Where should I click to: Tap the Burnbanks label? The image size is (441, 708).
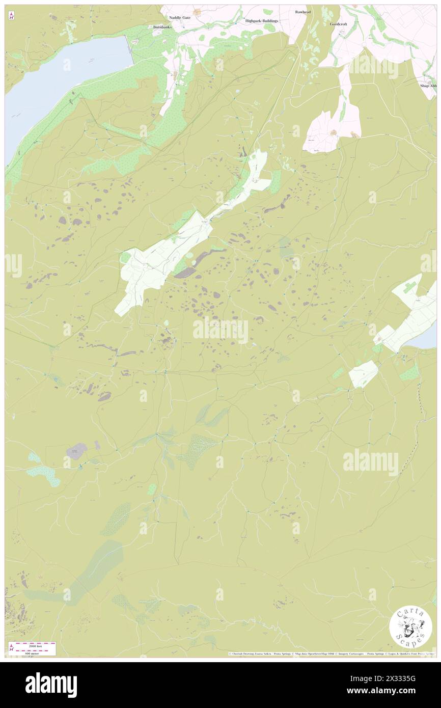pos(157,26)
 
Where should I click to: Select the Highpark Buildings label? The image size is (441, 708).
pos(262,21)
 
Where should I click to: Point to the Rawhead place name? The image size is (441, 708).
pos(302,12)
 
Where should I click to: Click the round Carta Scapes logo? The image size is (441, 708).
pos(410,628)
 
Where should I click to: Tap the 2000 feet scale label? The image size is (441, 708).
pos(34,645)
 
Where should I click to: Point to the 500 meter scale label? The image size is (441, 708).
pos(34,652)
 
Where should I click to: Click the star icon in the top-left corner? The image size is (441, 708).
pos(11,16)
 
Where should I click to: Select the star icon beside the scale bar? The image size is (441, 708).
pos(11,647)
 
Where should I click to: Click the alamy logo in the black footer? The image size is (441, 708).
pos(51,685)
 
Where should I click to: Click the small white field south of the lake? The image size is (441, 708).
pos(363,374)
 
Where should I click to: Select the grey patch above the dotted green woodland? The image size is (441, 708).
pos(76,451)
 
